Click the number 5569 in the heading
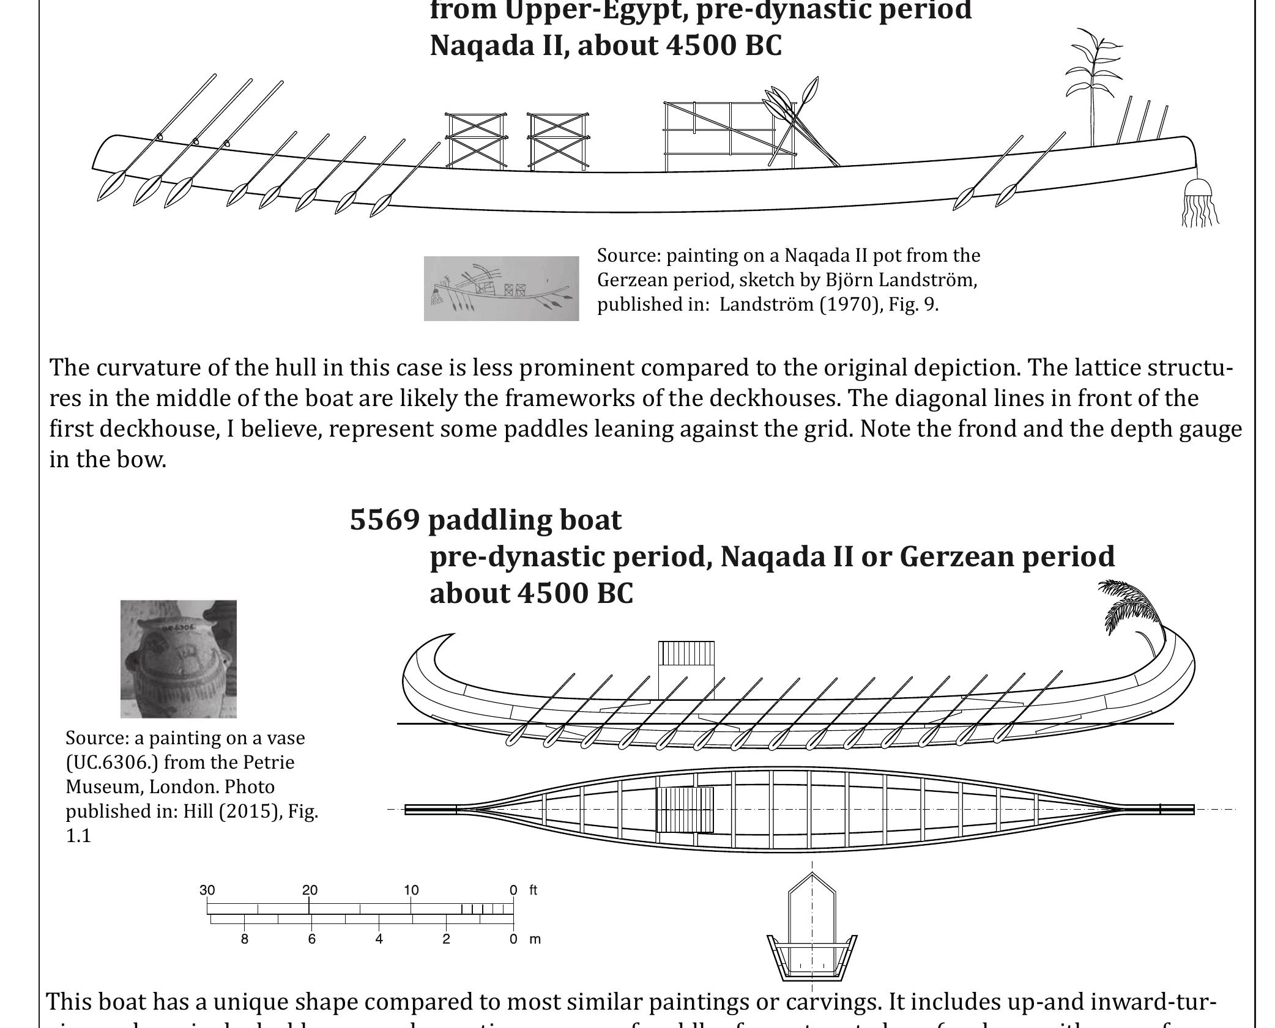(x=384, y=520)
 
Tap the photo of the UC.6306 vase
(x=178, y=659)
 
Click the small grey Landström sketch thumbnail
(x=501, y=289)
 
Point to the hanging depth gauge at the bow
(x=1199, y=203)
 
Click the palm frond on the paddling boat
(x=1132, y=608)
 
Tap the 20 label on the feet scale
(x=310, y=890)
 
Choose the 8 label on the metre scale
(x=245, y=939)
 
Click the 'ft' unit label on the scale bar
(x=533, y=890)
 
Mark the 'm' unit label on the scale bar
(x=535, y=939)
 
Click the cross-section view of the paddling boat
(x=812, y=930)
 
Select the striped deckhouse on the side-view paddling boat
(x=686, y=654)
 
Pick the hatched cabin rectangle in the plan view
(x=685, y=810)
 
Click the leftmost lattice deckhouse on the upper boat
(x=475, y=141)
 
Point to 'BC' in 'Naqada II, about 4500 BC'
(x=763, y=46)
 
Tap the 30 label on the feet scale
(x=207, y=890)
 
